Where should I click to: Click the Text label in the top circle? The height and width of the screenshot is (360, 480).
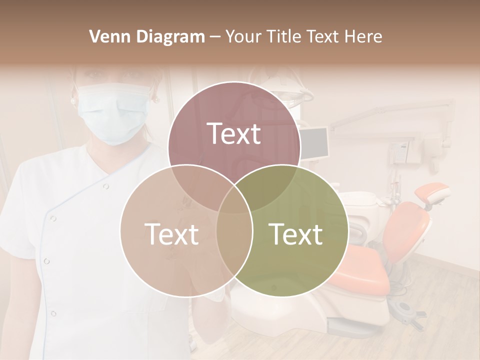234,133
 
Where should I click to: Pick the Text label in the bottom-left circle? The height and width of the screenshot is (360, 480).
171,233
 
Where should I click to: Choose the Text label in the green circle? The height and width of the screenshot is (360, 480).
296,233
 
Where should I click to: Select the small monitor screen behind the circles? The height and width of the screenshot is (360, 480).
315,141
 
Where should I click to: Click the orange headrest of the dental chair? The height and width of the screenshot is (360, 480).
432,192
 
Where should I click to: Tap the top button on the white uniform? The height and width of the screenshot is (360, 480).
105,186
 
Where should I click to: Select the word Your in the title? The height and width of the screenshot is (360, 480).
244,36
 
